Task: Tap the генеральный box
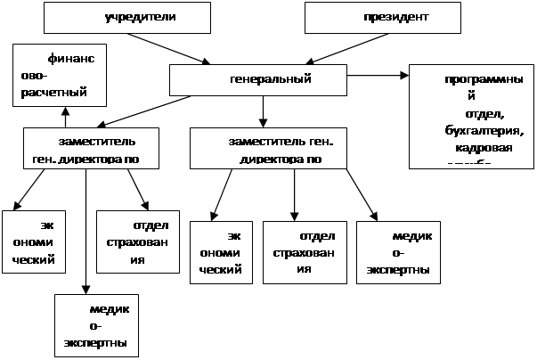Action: click(257, 80)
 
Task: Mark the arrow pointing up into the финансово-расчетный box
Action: click(65, 116)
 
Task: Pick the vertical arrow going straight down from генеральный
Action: click(264, 110)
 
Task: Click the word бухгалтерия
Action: click(471, 131)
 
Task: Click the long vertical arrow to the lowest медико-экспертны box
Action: click(86, 232)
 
